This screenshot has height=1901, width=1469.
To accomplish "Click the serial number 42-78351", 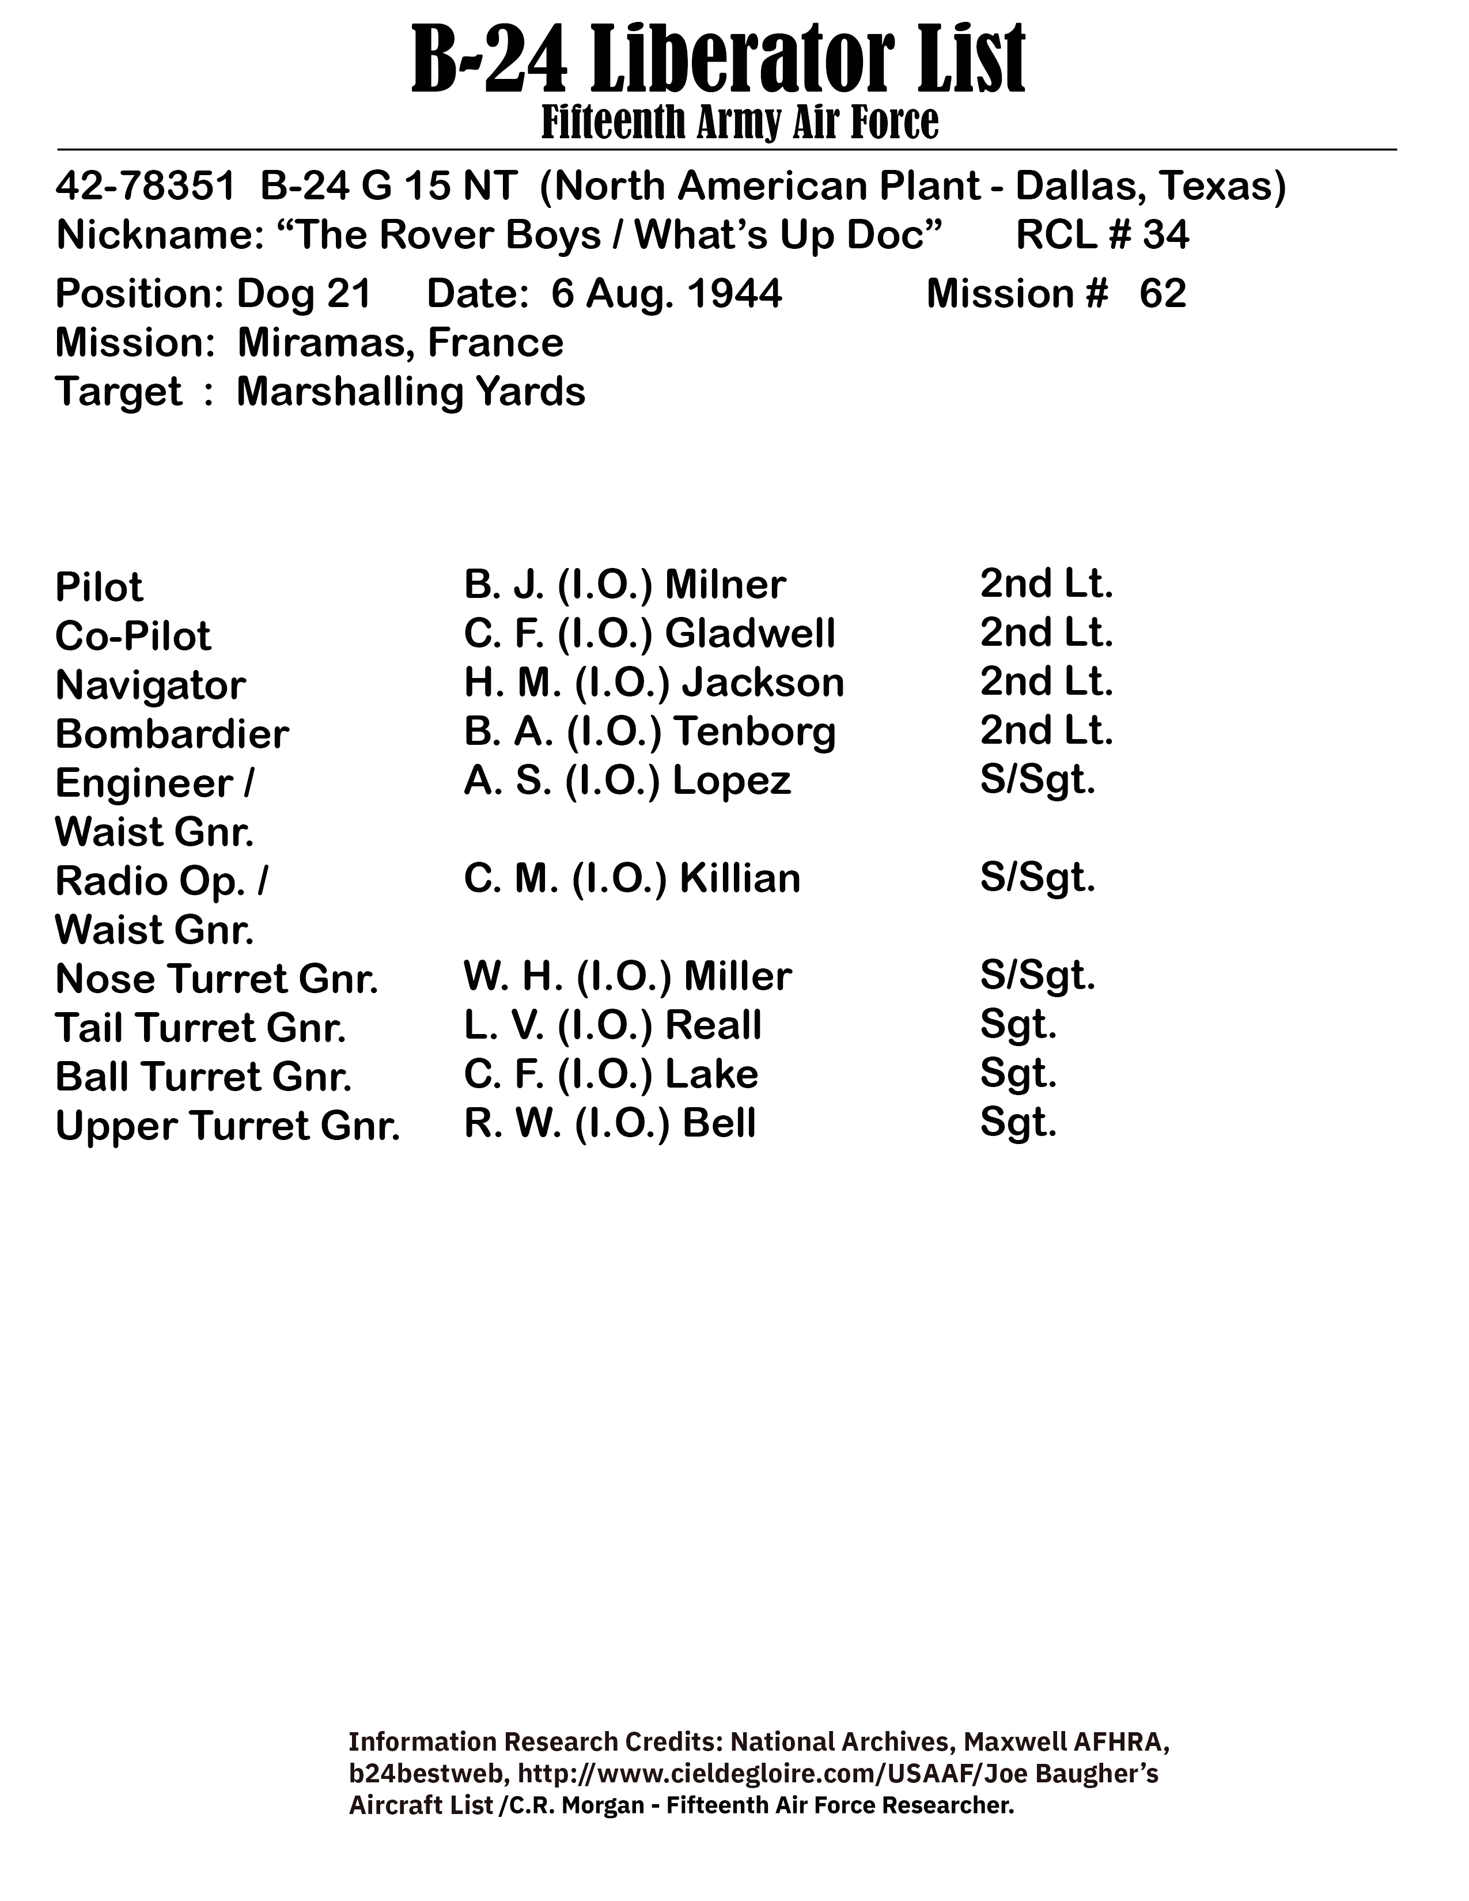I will pyautogui.click(x=145, y=186).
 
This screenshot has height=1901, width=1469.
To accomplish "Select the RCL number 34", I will pyautogui.click(x=1165, y=235).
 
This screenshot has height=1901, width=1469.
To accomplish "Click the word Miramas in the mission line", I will pyautogui.click(x=320, y=343).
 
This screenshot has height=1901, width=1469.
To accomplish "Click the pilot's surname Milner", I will pyautogui.click(x=725, y=584).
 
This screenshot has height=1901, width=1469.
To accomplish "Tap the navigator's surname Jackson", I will pyautogui.click(x=762, y=683).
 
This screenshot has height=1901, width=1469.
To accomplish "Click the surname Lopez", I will pyautogui.click(x=731, y=781).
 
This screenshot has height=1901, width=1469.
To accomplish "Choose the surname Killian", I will pyautogui.click(x=739, y=878).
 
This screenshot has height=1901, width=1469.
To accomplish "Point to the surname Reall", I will pyautogui.click(x=713, y=1025).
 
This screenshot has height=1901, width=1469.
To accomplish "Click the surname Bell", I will pyautogui.click(x=719, y=1123).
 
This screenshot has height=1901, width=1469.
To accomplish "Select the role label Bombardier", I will pyautogui.click(x=172, y=734).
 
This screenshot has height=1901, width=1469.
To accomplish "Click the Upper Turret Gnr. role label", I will pyautogui.click(x=227, y=1126).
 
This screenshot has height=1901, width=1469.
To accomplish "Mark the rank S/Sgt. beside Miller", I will pyautogui.click(x=1038, y=976).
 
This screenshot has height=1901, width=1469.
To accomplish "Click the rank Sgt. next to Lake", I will pyautogui.click(x=1018, y=1074).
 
